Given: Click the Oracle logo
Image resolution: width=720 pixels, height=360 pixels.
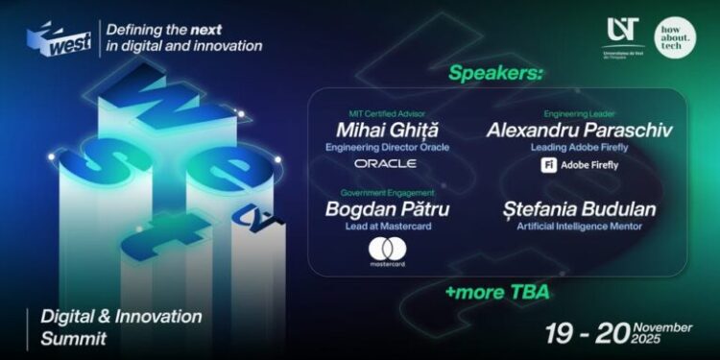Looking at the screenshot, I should click(x=385, y=164).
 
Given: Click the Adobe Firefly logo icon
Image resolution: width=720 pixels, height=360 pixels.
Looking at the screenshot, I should click(x=544, y=164).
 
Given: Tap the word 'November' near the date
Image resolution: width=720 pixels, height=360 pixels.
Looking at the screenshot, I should click(x=663, y=327).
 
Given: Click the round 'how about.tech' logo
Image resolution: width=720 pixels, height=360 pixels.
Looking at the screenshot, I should click(x=676, y=36).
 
